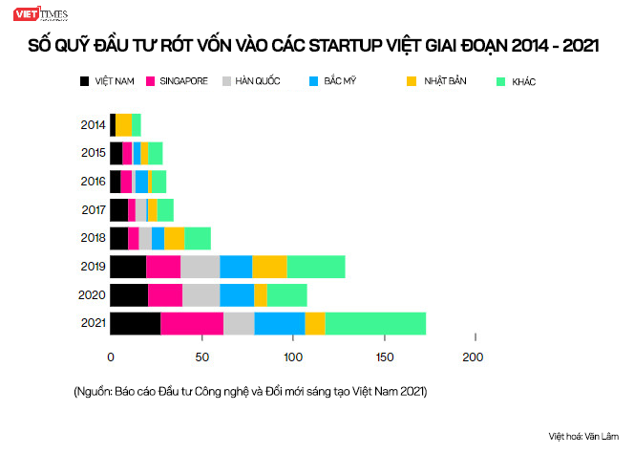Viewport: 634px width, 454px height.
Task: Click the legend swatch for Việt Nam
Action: [85, 82]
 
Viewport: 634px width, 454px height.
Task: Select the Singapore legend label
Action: [183, 82]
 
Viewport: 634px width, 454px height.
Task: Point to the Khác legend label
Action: [523, 82]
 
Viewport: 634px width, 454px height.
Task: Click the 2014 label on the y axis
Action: [93, 124]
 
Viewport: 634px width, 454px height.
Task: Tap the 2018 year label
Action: [93, 238]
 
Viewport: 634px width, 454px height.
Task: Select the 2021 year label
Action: [93, 323]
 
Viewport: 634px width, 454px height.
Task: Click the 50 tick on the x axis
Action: [201, 357]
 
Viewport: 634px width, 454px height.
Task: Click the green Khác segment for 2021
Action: [375, 323]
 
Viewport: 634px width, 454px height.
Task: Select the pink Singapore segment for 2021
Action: [192, 323]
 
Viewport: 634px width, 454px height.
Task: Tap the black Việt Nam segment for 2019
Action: [128, 267]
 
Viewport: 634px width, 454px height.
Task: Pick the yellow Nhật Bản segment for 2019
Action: [269, 267]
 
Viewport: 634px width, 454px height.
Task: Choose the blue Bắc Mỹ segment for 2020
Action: [237, 294]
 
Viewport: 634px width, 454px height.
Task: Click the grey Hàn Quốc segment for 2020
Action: [201, 294]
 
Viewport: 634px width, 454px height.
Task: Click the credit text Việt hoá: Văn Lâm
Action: [584, 436]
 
